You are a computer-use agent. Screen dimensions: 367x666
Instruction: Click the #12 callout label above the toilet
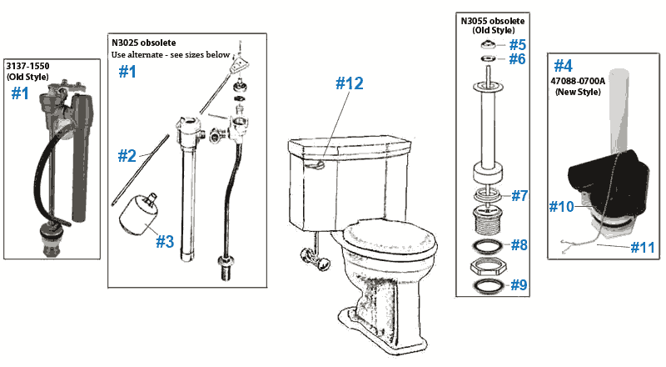point(350,83)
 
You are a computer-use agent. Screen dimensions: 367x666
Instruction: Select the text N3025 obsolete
point(144,43)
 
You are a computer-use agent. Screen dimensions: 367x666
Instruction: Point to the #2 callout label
point(127,155)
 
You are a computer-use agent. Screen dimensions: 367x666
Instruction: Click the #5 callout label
point(518,43)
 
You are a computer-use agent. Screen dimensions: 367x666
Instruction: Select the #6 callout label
point(518,60)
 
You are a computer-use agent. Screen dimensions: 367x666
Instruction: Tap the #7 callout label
point(519,196)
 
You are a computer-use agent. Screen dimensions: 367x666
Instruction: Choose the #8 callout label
point(519,245)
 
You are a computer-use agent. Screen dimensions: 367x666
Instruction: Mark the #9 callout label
point(519,284)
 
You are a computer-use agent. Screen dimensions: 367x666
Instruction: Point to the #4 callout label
point(564,65)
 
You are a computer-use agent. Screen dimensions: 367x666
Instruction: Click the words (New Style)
point(579,92)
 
